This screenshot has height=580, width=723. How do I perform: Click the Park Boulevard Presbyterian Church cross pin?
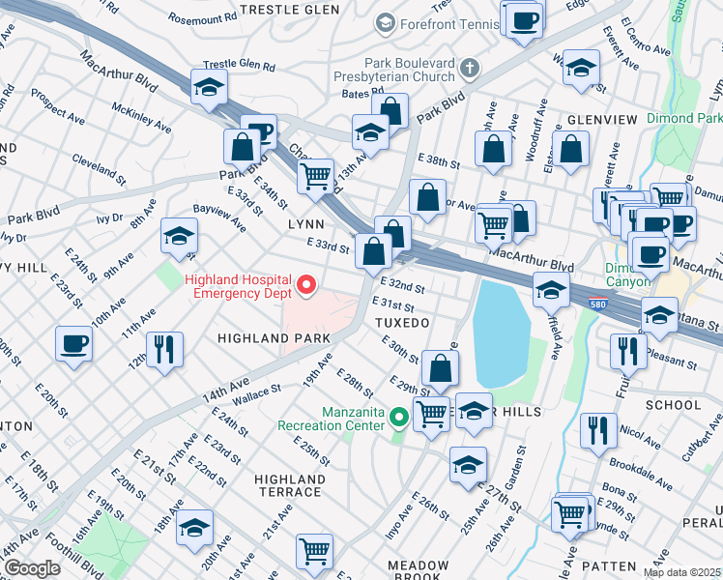point(469,68)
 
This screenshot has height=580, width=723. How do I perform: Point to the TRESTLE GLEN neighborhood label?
point(289,9)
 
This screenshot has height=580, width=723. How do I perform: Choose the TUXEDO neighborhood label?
point(403,321)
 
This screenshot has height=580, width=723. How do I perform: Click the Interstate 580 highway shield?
point(597,304)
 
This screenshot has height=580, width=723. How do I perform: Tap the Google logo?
point(31,568)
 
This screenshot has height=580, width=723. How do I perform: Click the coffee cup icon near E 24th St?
point(74,343)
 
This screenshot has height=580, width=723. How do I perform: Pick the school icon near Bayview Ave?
point(179,236)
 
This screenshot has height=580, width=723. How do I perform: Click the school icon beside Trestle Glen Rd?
point(209,87)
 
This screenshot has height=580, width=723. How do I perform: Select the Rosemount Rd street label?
point(202,17)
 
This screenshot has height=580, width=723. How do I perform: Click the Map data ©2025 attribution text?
point(681,572)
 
